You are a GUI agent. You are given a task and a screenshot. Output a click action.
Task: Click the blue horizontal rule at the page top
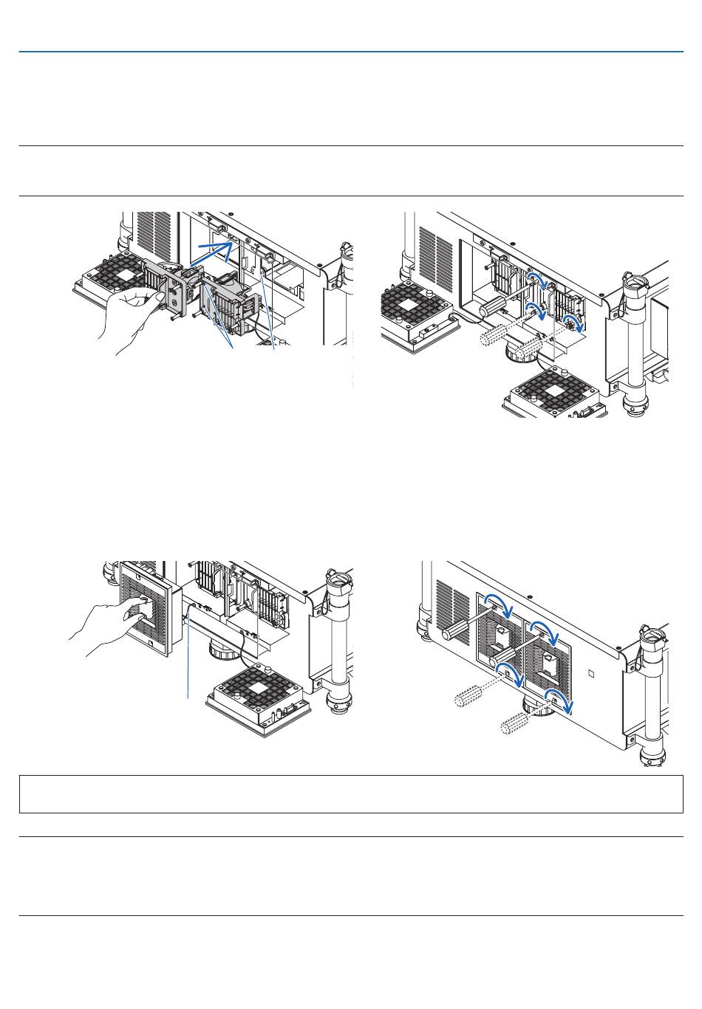(x=351, y=52)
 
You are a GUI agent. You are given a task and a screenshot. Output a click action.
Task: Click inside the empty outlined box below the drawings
(x=351, y=794)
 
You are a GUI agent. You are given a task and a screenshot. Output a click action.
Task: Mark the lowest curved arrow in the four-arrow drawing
(x=562, y=702)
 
